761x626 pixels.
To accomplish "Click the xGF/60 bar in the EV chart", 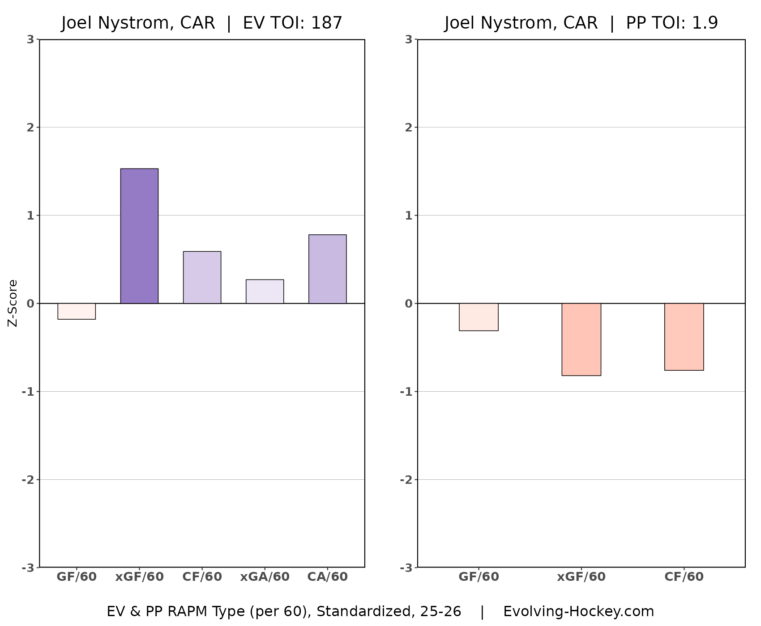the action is coord(139,236).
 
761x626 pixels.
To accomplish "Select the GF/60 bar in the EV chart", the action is coord(77,311).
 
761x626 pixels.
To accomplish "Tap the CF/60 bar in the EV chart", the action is coord(202,277).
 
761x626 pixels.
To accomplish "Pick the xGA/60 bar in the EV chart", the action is coord(265,292).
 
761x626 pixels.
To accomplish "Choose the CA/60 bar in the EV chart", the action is coord(327,269).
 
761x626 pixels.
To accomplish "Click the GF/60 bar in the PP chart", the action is coord(479,317).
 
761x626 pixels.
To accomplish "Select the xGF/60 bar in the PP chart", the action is coord(581,339).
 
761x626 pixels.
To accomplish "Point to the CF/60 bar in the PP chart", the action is coord(684,337).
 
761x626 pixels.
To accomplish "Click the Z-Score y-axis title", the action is coord(13,303).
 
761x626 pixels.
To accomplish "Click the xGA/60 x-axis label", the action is coord(265,577).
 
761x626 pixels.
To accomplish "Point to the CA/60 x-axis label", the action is coord(327,577).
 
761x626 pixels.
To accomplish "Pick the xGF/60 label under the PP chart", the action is coord(581,577).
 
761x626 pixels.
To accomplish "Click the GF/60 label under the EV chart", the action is coord(77,577).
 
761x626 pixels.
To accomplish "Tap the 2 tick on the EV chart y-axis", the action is coord(30,127).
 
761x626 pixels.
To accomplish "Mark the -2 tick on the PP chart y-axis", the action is coord(406,480).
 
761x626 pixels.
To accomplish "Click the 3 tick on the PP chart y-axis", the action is coord(408,39).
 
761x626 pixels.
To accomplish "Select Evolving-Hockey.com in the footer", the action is coord(578,611).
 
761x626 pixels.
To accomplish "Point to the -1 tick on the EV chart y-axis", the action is coord(28,392).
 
